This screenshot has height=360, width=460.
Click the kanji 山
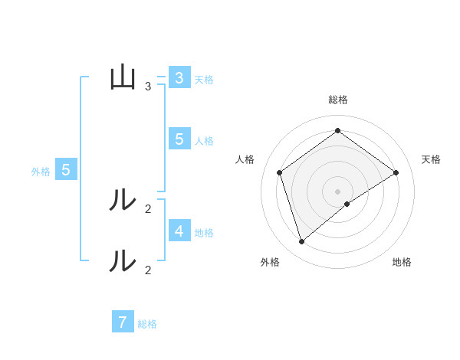123,77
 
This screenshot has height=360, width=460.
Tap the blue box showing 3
179,78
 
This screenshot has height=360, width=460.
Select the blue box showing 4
179,231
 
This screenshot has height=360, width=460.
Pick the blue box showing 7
123,322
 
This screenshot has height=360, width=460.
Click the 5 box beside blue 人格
179,139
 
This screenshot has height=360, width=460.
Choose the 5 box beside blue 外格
66,170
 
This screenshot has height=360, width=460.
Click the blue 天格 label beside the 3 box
204,80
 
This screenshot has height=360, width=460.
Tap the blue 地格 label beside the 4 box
204,233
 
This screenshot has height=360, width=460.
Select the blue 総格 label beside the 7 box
147,324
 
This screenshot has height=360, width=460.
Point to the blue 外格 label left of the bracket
41,172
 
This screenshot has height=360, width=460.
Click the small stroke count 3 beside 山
148,87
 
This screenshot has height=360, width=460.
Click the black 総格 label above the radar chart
337,100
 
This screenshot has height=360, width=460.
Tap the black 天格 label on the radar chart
432,159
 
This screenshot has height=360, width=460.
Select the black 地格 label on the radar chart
402,263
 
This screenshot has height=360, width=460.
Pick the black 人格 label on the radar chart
245,159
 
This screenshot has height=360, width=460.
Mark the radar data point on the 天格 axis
396,172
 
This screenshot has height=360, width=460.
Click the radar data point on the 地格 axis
347,204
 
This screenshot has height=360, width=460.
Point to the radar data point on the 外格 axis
302,242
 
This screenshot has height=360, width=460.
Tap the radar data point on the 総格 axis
337,130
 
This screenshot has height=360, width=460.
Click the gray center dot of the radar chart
337,191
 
